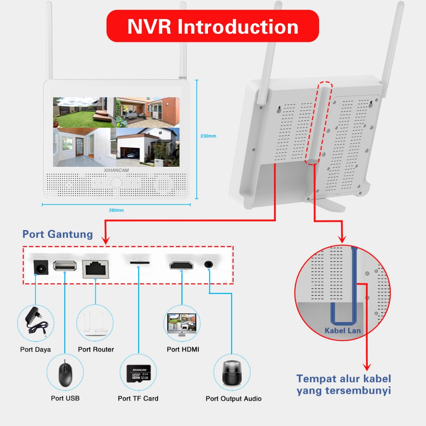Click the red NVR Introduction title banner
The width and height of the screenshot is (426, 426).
[x=213, y=26]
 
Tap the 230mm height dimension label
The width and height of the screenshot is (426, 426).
[x=208, y=136]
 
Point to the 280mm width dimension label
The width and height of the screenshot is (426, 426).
[x=116, y=210]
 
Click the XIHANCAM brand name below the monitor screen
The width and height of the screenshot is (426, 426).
[x=116, y=170]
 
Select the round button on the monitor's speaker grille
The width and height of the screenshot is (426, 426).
[x=116, y=183]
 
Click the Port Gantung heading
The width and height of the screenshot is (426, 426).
[x=57, y=234]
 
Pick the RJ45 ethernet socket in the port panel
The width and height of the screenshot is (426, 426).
[x=96, y=267]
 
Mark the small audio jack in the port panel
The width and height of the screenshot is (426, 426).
[x=208, y=264]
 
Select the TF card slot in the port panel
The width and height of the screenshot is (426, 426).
[x=139, y=263]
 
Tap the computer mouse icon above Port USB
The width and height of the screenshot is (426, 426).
[x=64, y=372]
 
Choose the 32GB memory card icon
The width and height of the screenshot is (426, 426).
[x=138, y=373]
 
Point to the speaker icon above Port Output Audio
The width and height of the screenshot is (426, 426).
[x=232, y=372]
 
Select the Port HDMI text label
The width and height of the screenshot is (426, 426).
[x=183, y=349]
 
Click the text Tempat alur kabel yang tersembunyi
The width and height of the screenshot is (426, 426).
[x=344, y=385]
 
